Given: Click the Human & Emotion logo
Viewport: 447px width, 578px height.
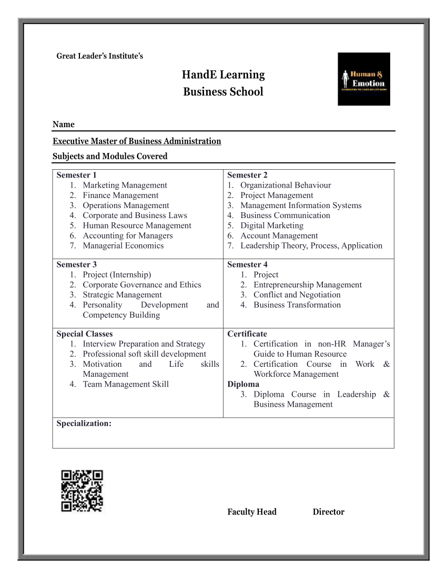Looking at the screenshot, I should pyautogui.click(x=363, y=79).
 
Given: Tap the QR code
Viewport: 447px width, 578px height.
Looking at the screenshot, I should pyautogui.click(x=82, y=491).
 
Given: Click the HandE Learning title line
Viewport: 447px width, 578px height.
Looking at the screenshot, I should pyautogui.click(x=223, y=75).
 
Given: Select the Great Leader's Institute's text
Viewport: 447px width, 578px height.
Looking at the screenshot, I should pyautogui.click(x=99, y=56).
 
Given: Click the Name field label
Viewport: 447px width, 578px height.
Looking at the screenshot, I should pyautogui.click(x=64, y=125).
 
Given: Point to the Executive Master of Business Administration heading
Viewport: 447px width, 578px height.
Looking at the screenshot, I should pyautogui.click(x=137, y=141).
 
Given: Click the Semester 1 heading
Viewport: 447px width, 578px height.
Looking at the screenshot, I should pyautogui.click(x=77, y=175).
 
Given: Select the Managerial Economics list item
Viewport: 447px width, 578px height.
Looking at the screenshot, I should pyautogui.click(x=123, y=245).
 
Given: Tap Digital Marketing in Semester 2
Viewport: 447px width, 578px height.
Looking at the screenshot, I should pyautogui.click(x=271, y=225).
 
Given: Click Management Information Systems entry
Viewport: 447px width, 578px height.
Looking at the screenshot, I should pyautogui.click(x=300, y=205).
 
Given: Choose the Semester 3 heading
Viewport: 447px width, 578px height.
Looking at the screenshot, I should pyautogui.click(x=77, y=264).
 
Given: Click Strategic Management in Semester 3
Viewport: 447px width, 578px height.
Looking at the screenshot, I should pyautogui.click(x=122, y=295).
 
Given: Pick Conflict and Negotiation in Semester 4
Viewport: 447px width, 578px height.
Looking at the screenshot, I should pyautogui.click(x=297, y=295).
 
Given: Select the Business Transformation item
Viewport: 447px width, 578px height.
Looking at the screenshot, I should pyautogui.click(x=297, y=305).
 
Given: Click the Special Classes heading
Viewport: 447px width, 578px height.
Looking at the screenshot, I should pyautogui.click(x=85, y=334).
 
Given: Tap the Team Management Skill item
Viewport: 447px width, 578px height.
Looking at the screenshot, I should pyautogui.click(x=126, y=384).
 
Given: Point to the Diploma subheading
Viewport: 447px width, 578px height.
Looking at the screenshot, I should pyautogui.click(x=243, y=384).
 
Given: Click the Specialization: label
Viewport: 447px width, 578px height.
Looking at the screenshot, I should pyautogui.click(x=84, y=424).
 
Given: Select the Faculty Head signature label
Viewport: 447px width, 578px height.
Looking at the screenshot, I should pyautogui.click(x=252, y=512).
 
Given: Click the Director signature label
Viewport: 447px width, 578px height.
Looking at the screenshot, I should pyautogui.click(x=329, y=512).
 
